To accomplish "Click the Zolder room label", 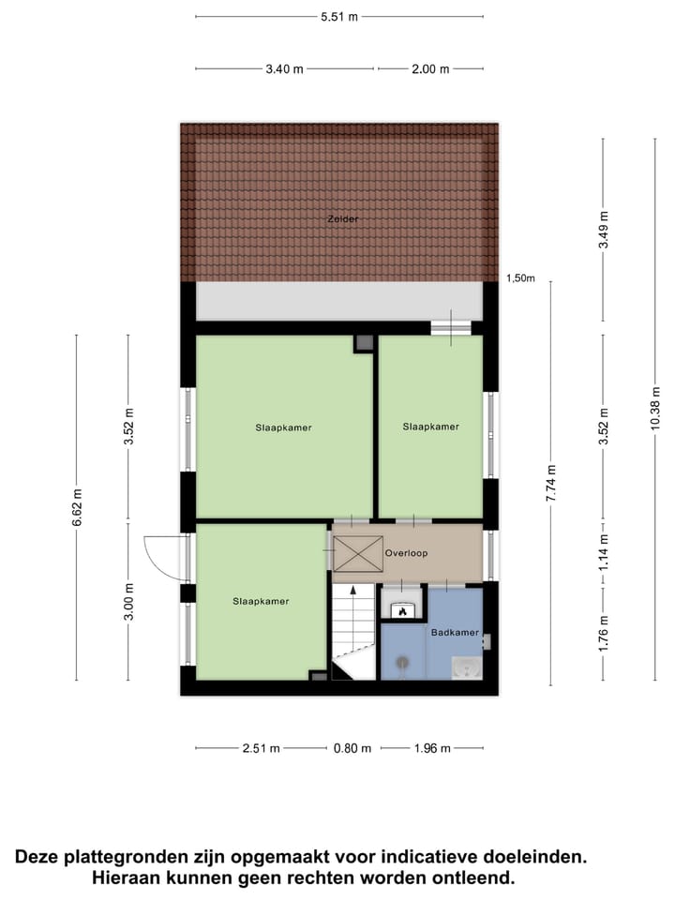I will pyautogui.click(x=342, y=218).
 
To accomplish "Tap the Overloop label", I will pyautogui.click(x=406, y=553).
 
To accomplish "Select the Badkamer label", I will pyautogui.click(x=455, y=633).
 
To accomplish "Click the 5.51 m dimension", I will pyautogui.click(x=339, y=16).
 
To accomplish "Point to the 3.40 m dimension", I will pyautogui.click(x=285, y=68).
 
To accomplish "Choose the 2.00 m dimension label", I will pyautogui.click(x=431, y=68).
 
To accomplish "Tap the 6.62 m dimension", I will pyautogui.click(x=77, y=507).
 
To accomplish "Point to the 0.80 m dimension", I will pyautogui.click(x=352, y=748).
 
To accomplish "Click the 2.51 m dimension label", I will pyautogui.click(x=261, y=748).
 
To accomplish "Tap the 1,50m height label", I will pyautogui.click(x=520, y=278).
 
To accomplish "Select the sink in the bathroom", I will pyautogui.click(x=466, y=667).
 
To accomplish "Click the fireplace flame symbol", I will pyautogui.click(x=402, y=610).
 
